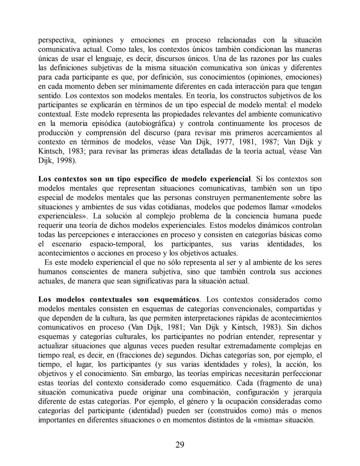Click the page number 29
(180, 445)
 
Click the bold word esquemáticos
(177, 300)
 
